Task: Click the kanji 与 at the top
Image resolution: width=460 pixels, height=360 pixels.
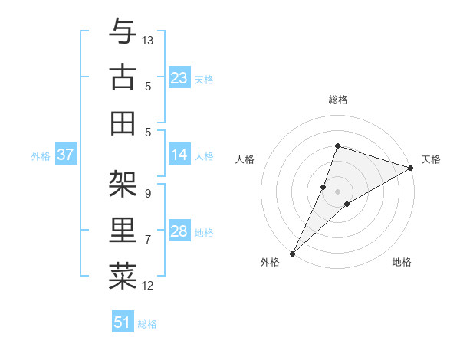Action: [x=123, y=32]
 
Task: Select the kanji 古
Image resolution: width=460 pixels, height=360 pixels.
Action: [x=123, y=77]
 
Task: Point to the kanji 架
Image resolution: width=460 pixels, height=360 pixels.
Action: [x=123, y=184]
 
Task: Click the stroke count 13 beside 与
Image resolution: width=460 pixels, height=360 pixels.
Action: [x=149, y=40]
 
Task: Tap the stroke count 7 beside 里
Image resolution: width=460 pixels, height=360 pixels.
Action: [x=147, y=240]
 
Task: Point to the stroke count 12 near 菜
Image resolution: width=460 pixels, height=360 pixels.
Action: [x=149, y=286]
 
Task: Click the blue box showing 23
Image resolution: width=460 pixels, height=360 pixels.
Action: [x=179, y=78]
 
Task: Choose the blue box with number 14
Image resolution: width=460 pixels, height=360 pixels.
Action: [x=179, y=155]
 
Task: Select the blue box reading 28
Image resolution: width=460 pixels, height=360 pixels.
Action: [x=179, y=231]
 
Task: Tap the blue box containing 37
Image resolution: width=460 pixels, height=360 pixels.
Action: [x=66, y=155]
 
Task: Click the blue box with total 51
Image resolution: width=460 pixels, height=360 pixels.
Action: [x=123, y=322]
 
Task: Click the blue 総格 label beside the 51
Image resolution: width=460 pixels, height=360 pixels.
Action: [x=147, y=324]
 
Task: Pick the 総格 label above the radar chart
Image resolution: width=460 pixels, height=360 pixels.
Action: [x=337, y=100]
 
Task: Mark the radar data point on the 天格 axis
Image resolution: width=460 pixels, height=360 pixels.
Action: [x=411, y=168]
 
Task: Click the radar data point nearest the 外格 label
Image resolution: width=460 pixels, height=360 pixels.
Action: [x=292, y=253]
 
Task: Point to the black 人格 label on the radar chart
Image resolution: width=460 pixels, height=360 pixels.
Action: [x=245, y=159]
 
